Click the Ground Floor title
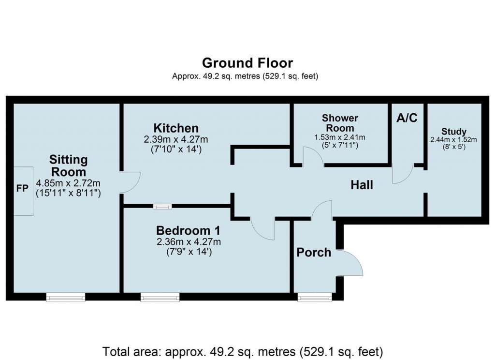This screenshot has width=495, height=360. pyautogui.click(x=247, y=63)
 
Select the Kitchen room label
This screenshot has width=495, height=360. pyautogui.click(x=176, y=128)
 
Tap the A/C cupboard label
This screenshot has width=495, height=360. pyautogui.click(x=407, y=118)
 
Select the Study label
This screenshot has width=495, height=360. pyautogui.click(x=454, y=131)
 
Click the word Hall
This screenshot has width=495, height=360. pyautogui.click(x=362, y=184)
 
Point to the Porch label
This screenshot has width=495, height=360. pyautogui.click(x=314, y=252)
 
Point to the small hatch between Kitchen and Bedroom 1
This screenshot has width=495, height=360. pyautogui.click(x=162, y=207)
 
